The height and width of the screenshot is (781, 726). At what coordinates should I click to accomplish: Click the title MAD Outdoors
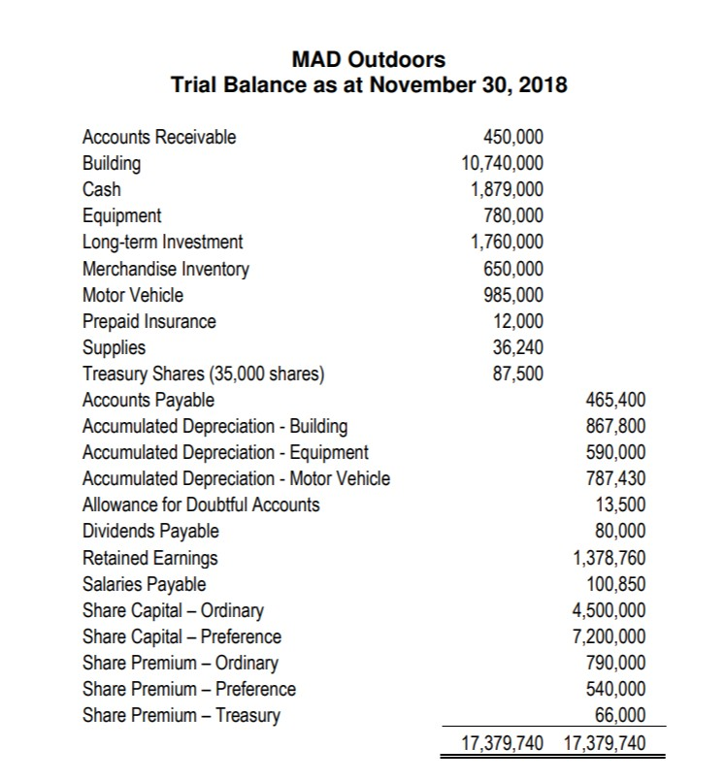368,60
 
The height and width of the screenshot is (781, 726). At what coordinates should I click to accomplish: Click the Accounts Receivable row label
158,137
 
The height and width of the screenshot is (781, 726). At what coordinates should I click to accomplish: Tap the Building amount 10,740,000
502,163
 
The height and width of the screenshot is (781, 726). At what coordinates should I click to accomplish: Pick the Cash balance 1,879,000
507,189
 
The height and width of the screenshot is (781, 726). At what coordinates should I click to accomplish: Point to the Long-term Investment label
162,242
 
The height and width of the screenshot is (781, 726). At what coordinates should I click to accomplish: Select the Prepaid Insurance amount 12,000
519,320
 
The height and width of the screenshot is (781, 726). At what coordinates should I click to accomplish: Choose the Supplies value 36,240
519,346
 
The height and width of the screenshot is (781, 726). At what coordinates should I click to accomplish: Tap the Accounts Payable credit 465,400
615,399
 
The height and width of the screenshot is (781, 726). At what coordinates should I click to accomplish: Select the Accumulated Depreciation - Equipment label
225,452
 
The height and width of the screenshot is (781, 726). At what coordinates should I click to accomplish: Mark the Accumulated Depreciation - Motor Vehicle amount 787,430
615,477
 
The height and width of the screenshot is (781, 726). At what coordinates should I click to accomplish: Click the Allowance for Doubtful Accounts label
201,504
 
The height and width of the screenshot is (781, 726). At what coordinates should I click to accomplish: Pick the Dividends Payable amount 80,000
621,531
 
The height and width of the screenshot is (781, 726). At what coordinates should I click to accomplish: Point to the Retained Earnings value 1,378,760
609,557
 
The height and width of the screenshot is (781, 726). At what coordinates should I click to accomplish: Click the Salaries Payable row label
144,584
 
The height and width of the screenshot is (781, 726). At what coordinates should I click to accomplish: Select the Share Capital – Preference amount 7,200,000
609,636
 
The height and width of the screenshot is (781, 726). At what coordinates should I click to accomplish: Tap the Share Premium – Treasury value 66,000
621,715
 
